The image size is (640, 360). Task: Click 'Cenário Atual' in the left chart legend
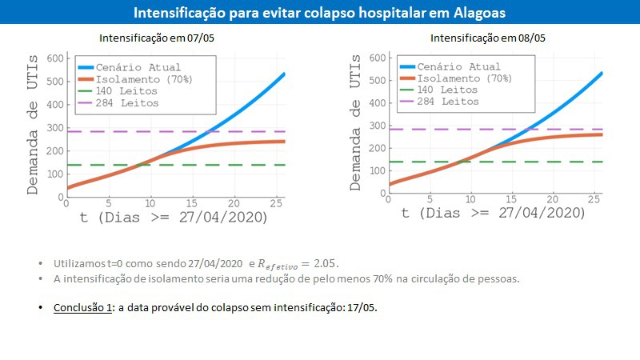point(138,67)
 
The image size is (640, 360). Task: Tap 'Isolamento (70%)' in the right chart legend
point(465,78)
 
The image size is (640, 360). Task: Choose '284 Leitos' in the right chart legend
point(449,102)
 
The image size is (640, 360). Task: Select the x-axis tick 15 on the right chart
point(510,199)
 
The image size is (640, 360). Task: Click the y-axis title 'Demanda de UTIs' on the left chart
point(33,123)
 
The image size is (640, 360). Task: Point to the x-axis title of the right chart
point(493,214)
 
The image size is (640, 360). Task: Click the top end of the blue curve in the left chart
point(283,74)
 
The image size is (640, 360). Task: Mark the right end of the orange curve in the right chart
point(601,134)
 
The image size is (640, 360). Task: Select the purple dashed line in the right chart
point(496,129)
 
